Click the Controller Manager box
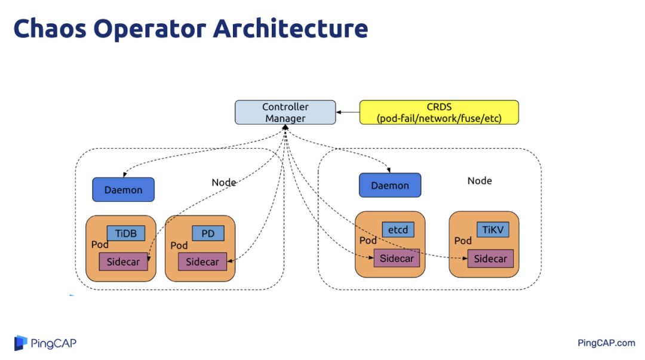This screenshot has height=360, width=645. pos(285,112)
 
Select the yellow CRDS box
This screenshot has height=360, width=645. pos(439,112)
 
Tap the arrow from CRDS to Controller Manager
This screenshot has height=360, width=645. pos(348,112)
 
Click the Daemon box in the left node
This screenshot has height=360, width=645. pos(123,190)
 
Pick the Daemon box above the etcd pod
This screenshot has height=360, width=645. pos(390,185)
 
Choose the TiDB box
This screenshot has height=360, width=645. pos(126,233)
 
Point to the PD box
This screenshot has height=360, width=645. pos(208,233)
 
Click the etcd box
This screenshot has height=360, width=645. pos(398,229)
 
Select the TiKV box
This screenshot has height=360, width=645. pos(493,229)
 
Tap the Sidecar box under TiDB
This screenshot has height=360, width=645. pos(123,261)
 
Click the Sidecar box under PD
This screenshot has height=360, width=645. pos(202,261)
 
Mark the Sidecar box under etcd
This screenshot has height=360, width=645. pos(397,259)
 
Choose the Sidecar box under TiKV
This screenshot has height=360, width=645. pos(490,259)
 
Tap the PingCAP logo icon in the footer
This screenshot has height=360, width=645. pos(21,343)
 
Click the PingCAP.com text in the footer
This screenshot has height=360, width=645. pos(606,343)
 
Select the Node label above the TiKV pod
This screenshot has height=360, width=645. pos(480,181)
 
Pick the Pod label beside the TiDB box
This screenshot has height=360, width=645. pos(100,245)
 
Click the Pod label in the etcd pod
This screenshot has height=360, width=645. pos(367,240)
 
